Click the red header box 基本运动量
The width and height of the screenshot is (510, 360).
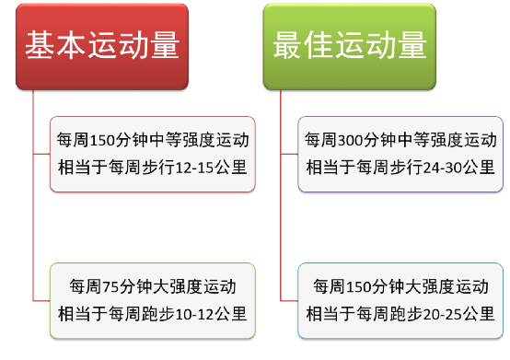click(x=101, y=46)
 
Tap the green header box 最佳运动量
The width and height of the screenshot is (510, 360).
click(x=350, y=46)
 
